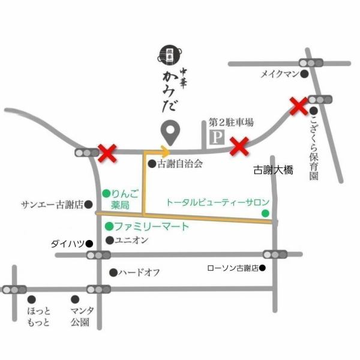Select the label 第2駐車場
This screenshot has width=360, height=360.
click(x=231, y=122)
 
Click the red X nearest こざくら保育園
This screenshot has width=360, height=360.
click(x=299, y=107)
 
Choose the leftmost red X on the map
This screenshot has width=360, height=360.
click(x=107, y=153)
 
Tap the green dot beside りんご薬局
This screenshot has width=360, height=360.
click(x=106, y=193)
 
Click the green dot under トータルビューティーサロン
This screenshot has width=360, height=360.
click(x=265, y=213)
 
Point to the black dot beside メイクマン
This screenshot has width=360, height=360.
click(x=304, y=74)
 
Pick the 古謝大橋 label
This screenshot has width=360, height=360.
click(x=273, y=170)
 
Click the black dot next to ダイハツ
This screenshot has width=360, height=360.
click(x=89, y=244)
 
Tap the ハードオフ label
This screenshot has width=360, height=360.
click(x=139, y=272)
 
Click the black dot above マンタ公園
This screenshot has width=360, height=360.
click(x=75, y=299)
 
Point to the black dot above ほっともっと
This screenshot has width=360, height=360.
click(x=33, y=299)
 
